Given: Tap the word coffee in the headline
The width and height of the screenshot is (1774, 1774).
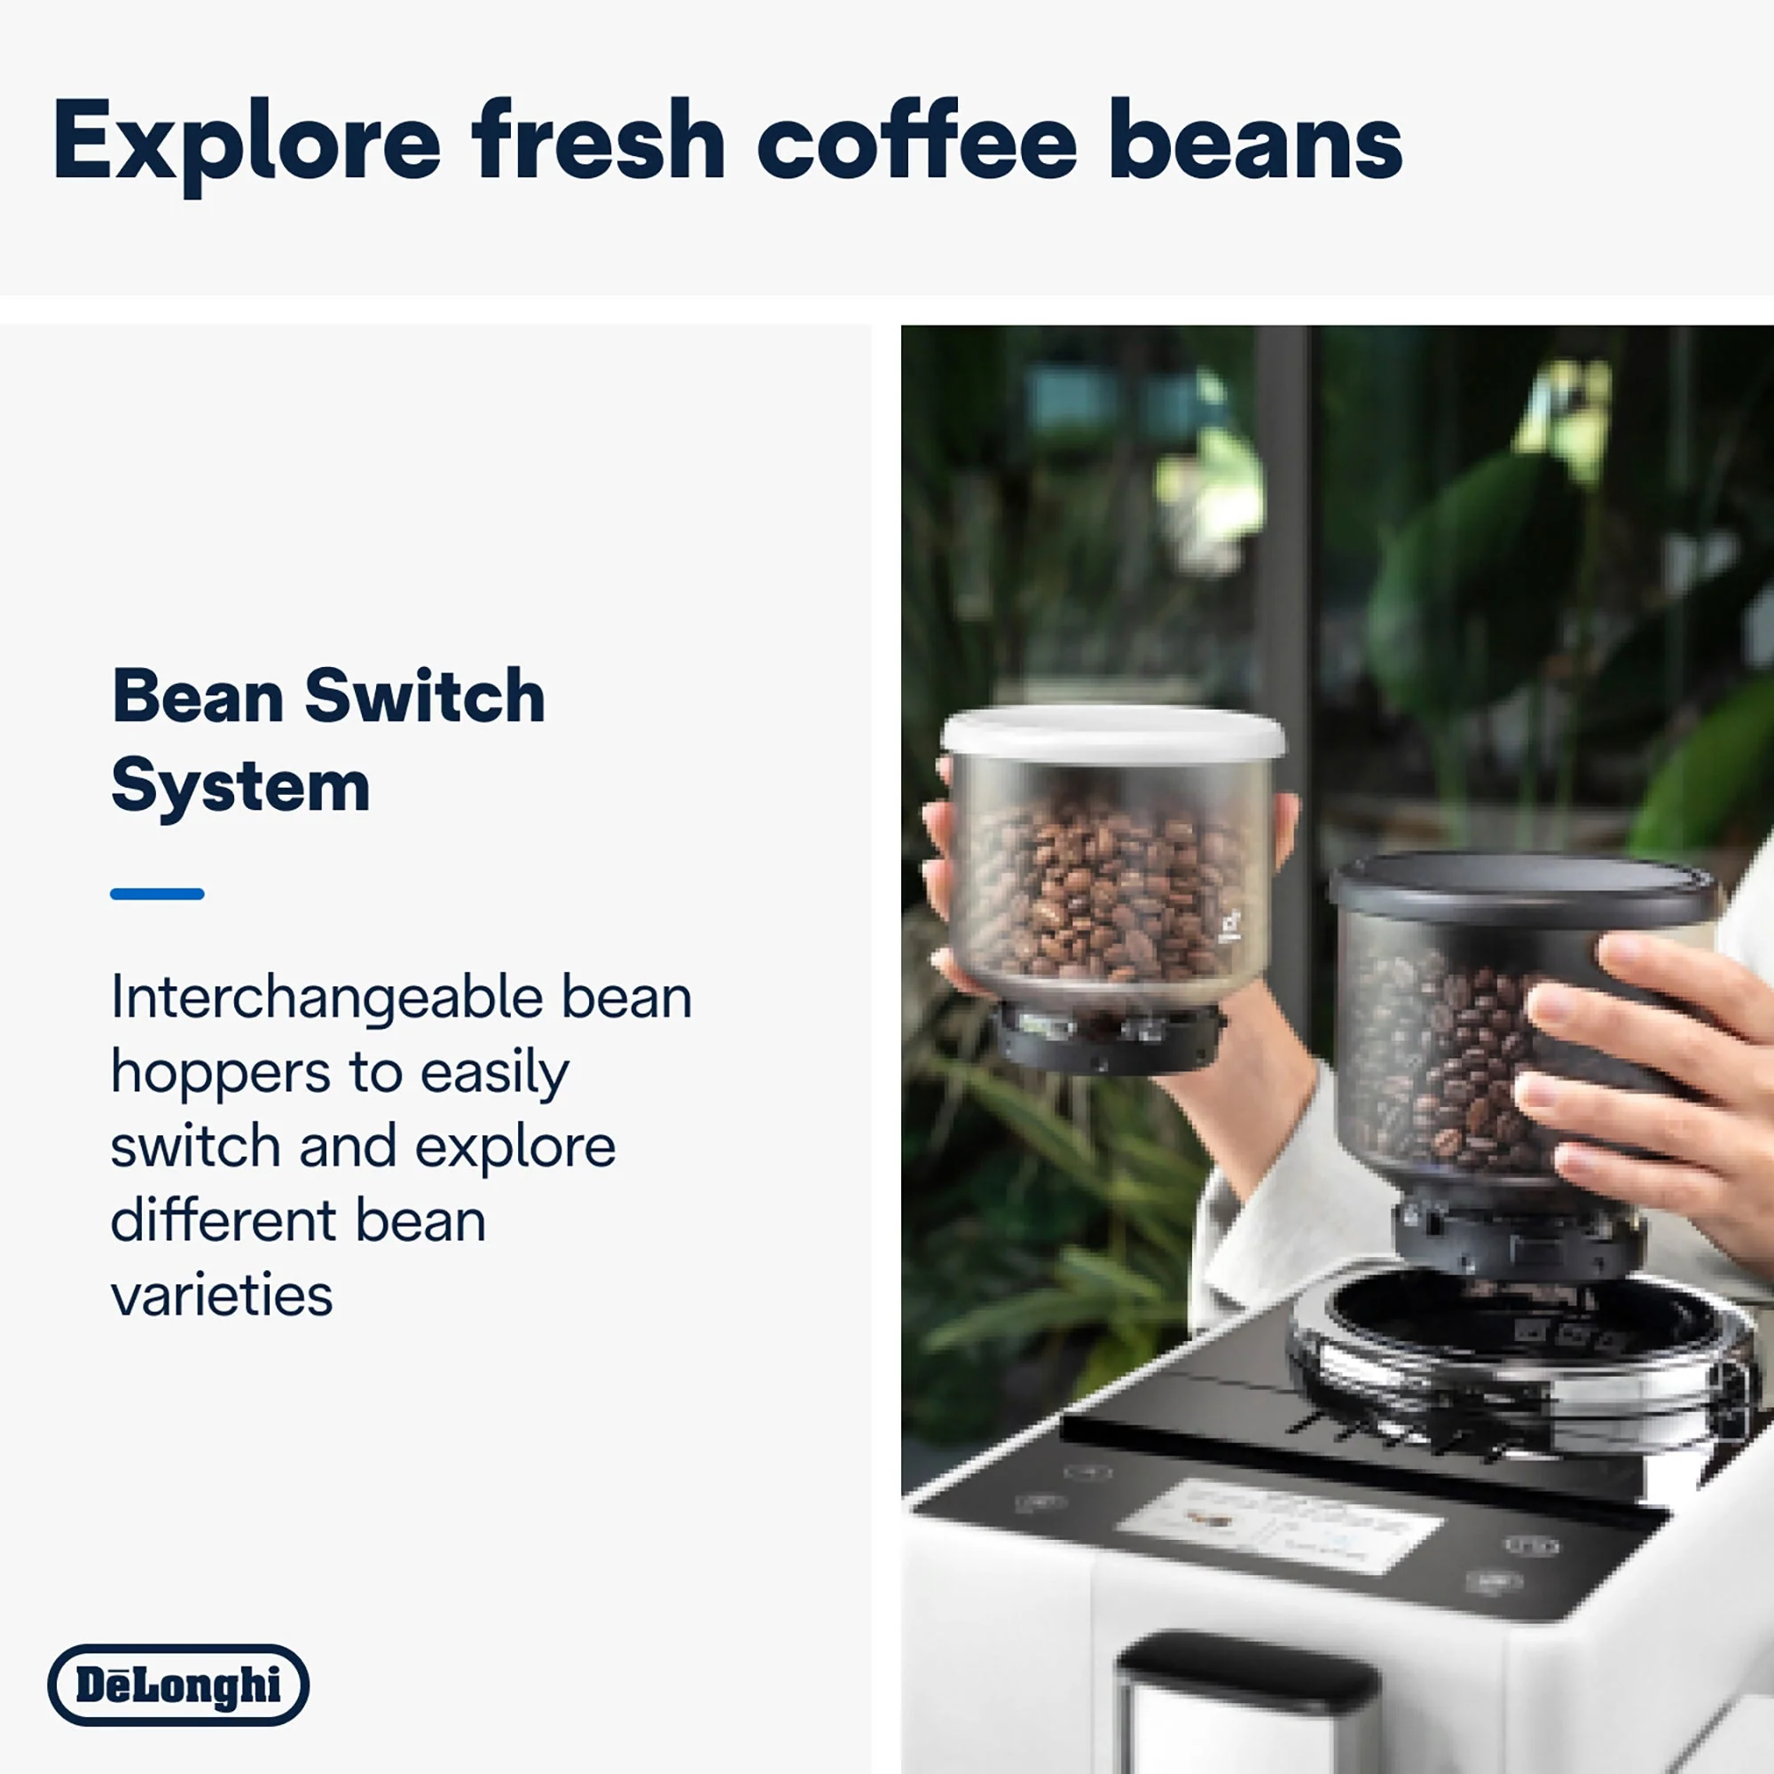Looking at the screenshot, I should pos(916,142).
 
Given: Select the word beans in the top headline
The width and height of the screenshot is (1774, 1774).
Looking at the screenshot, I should pos(1255,142).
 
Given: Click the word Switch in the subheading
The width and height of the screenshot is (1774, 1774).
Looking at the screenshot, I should pos(424,697).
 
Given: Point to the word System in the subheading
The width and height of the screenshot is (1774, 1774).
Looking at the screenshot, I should pos(240,787).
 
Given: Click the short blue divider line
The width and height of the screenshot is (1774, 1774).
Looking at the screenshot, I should pos(157,893).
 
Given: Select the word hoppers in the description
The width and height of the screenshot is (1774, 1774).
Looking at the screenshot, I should pos(219,1072).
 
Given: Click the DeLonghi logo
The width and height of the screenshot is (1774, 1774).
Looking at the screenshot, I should pos(178,1685).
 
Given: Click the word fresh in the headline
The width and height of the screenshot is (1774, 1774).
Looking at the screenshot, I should pos(599,142).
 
